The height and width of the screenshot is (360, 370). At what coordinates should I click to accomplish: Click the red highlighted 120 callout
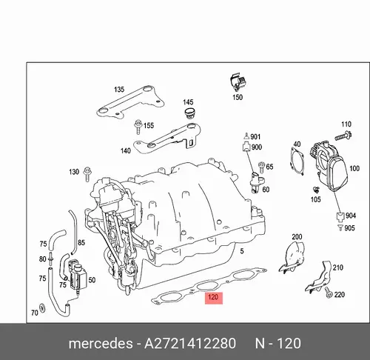[x=214, y=298]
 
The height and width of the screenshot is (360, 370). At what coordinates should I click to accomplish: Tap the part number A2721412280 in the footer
[x=190, y=344]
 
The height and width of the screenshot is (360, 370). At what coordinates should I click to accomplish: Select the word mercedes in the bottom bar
[x=101, y=344]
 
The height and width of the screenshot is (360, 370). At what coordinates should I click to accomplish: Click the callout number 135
[x=119, y=90]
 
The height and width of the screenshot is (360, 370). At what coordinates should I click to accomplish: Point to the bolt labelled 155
[x=138, y=127]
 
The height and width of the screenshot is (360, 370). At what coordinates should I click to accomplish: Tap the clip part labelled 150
[x=238, y=81]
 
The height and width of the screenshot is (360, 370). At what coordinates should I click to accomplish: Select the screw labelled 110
[x=343, y=136]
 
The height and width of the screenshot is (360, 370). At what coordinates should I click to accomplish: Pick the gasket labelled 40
[x=296, y=161]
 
